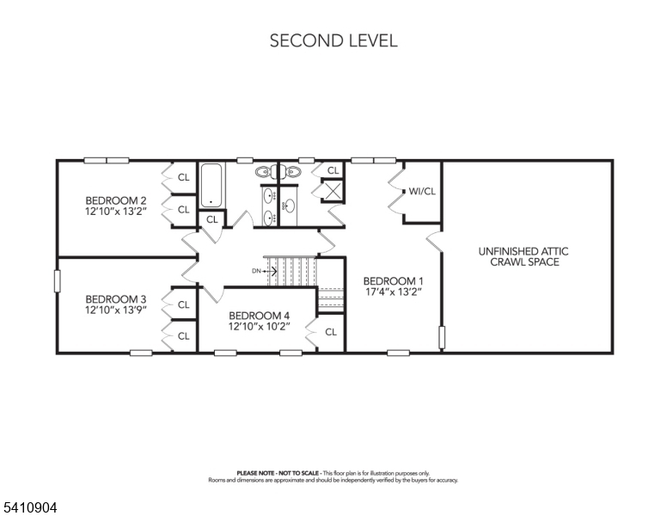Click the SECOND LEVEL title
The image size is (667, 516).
[333, 41]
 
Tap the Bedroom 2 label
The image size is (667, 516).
[116, 200]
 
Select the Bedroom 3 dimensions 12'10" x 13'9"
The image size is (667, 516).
[116, 310]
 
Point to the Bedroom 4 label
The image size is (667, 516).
[259, 316]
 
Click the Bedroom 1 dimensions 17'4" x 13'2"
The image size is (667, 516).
[394, 292]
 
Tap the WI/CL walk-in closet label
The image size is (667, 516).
[422, 192]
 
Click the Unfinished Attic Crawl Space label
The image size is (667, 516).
[523, 257]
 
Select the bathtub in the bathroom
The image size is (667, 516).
[211, 185]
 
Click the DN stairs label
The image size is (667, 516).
[256, 271]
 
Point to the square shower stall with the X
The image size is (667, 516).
[332, 190]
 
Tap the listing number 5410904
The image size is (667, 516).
[30, 507]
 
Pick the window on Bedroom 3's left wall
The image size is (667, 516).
[57, 281]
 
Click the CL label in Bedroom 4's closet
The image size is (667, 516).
[331, 332]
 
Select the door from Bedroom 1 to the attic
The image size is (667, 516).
[434, 242]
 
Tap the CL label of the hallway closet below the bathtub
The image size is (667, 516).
[212, 219]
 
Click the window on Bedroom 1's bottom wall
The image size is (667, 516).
[399, 353]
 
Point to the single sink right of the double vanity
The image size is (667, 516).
[290, 207]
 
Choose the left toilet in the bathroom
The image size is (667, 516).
[263, 172]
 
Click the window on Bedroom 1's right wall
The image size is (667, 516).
[442, 338]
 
